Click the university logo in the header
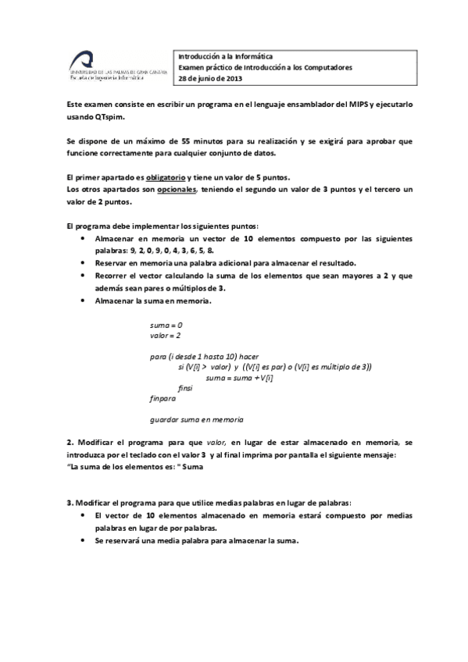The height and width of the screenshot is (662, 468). [118, 66]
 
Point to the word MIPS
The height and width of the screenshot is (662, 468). [370, 104]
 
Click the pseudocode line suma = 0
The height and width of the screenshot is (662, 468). [165, 323]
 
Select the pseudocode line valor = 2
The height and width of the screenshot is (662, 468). [165, 335]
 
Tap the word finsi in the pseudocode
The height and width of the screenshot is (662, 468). [185, 387]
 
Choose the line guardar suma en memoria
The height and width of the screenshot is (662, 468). [196, 418]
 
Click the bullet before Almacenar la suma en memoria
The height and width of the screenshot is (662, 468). [84, 301]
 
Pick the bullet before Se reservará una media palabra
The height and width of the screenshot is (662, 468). [84, 542]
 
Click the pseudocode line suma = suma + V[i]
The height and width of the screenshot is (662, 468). [238, 377]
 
